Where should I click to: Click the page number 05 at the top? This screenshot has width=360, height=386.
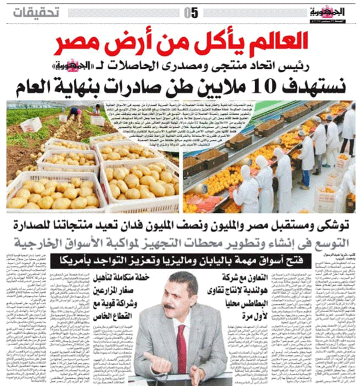point(191,11)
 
